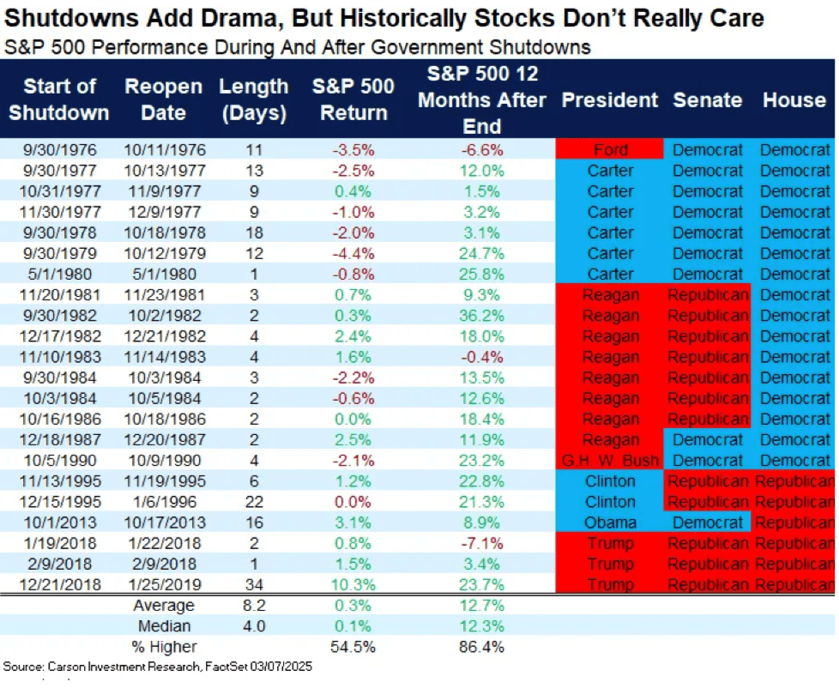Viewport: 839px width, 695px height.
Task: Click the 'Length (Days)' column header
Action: pyautogui.click(x=254, y=100)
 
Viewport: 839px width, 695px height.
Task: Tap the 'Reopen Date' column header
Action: pyautogui.click(x=163, y=100)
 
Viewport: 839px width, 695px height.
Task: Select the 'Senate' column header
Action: pyautogui.click(x=708, y=100)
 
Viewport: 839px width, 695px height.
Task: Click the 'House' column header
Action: pyautogui.click(x=794, y=100)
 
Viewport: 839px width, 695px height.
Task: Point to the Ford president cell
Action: pyautogui.click(x=610, y=150)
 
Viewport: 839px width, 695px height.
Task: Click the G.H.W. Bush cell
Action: pyautogui.click(x=610, y=461)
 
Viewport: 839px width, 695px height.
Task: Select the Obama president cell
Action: pyautogui.click(x=610, y=523)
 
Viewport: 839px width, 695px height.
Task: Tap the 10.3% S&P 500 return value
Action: pyautogui.click(x=353, y=585)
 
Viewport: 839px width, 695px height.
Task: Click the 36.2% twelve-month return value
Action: pyautogui.click(x=481, y=316)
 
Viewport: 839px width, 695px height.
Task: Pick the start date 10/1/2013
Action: pyautogui.click(x=60, y=523)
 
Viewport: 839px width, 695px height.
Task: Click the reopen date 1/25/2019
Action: pyautogui.click(x=164, y=585)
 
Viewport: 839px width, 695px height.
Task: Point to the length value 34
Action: pyautogui.click(x=254, y=585)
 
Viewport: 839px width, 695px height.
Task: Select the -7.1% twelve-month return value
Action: pyautogui.click(x=481, y=544)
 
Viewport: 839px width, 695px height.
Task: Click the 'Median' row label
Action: pyautogui.click(x=164, y=626)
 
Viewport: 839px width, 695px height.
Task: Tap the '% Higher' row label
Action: pyautogui.click(x=164, y=647)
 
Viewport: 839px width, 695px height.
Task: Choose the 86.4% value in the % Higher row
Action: pyautogui.click(x=481, y=647)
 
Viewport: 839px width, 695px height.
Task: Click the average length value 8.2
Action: pyautogui.click(x=254, y=606)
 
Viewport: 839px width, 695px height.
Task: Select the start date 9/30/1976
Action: pyautogui.click(x=60, y=150)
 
